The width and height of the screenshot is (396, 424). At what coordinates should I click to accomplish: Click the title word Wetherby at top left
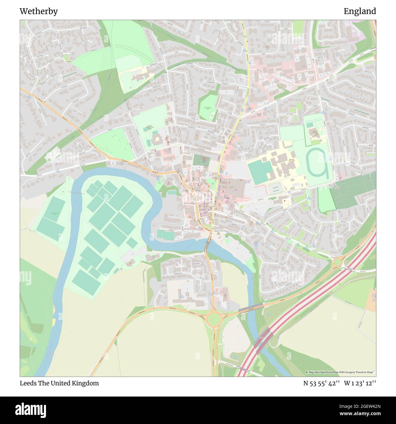click(39, 11)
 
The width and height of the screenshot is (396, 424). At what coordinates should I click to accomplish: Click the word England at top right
click(360, 11)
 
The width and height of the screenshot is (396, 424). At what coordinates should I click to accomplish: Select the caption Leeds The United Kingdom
click(59, 383)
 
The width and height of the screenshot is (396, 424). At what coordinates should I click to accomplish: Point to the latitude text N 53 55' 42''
click(321, 383)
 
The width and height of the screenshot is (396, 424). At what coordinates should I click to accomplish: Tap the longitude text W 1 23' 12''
click(360, 383)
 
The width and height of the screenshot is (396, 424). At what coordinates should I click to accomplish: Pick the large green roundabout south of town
click(214, 319)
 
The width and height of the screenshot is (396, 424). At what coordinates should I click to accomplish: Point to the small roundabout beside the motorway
click(337, 262)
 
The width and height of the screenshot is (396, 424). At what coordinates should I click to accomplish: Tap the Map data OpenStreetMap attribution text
click(340, 372)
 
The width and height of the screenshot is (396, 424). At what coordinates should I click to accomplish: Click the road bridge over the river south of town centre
click(208, 243)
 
